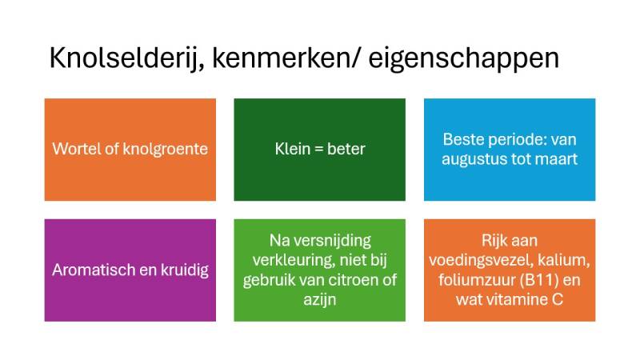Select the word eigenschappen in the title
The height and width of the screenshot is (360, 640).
tap(464, 61)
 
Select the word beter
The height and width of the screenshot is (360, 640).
tap(346, 150)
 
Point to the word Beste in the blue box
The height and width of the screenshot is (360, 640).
tap(462, 139)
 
